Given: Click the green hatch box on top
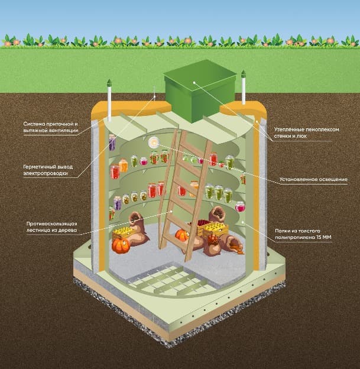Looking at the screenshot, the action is coord(200,90).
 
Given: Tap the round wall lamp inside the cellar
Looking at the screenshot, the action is coord(154,142).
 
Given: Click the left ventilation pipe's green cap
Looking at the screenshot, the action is coord(109,83).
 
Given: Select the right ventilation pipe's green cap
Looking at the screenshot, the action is coord(244,75).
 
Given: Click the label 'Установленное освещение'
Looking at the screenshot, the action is coord(313,179).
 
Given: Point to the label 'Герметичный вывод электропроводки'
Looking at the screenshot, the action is coord(48,170).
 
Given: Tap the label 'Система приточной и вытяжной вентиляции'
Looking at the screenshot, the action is coord(51,127).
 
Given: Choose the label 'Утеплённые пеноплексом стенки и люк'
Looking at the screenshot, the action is coord(306,132).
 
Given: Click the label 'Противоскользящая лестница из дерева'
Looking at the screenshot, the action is coord(52,227).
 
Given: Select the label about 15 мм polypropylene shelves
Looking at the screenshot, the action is coord(303,234).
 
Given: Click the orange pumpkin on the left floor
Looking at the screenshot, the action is coord(121,245).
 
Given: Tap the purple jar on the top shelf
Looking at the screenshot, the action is coord(112,143).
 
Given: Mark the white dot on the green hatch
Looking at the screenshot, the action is coord(194,83).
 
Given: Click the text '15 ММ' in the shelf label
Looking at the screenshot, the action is coord(324,237).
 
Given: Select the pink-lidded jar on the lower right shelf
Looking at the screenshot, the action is coord(240,206).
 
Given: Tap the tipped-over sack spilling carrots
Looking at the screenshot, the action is coord(232,245).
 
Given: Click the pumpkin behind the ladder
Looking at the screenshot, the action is coord(181,236).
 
